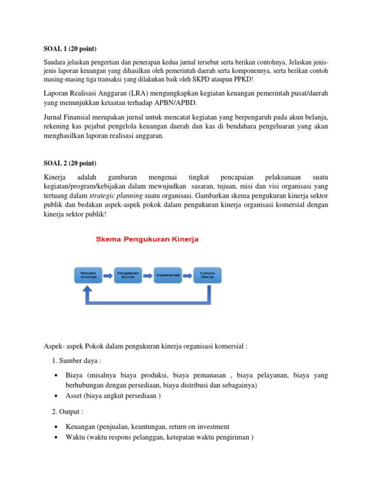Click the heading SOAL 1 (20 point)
70,49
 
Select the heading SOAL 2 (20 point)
70,163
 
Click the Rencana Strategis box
88,275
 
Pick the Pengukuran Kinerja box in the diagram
127,275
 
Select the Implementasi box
168,275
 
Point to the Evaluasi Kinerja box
207,275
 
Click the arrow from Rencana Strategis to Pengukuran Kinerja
108,275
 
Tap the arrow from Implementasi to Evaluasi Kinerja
187,275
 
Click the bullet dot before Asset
57,396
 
